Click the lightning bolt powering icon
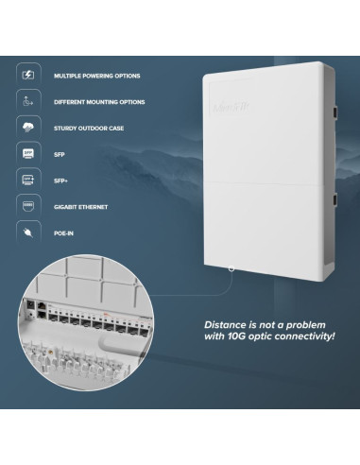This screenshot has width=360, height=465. coord(28,74)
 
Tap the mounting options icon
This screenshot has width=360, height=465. coord(28,99)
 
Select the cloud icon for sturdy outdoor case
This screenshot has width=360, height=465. coord(28,126)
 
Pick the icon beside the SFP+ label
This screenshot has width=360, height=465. coord(28,178)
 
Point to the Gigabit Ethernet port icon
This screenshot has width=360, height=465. coord(28,203)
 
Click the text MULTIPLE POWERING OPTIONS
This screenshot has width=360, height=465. coord(96,74)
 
